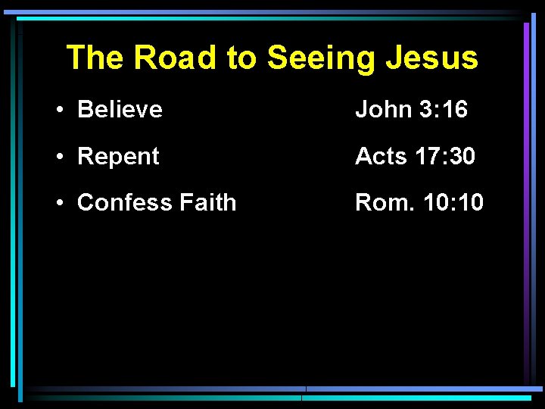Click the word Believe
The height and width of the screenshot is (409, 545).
120,110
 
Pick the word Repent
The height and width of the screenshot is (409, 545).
118,157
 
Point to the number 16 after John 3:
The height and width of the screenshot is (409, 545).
455,110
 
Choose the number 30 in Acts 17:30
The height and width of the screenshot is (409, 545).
462,157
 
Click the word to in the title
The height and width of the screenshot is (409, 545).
241,58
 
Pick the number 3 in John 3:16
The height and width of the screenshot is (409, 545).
423,110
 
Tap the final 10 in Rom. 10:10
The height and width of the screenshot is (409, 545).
470,203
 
